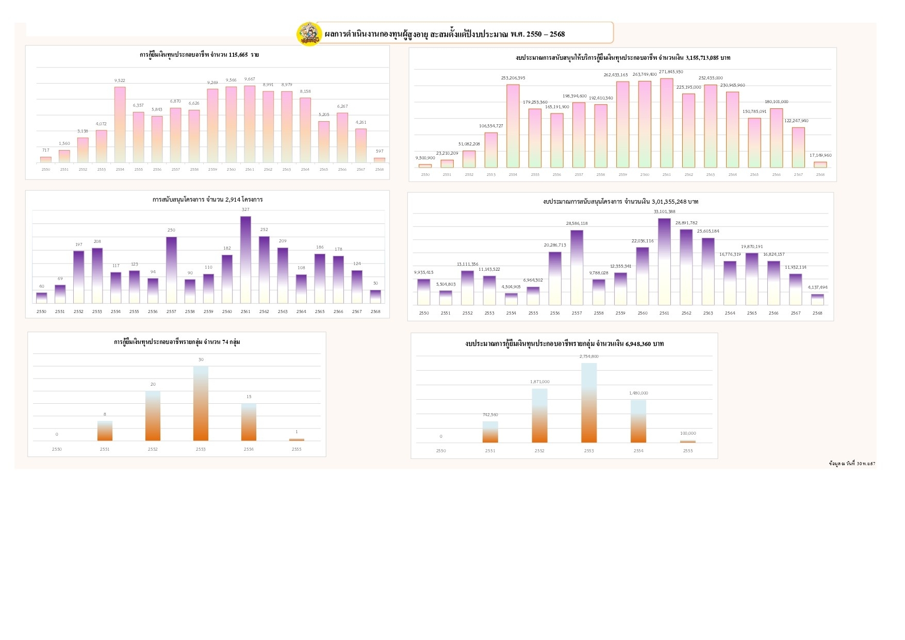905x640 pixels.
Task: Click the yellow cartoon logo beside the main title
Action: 309,34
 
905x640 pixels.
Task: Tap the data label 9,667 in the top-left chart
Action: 250,79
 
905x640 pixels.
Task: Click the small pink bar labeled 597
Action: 380,160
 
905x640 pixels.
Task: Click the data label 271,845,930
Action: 671,72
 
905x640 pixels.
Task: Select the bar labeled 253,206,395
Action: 513,126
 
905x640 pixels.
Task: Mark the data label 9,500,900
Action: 425,158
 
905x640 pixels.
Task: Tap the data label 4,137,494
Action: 817,287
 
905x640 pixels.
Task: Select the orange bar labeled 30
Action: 201,403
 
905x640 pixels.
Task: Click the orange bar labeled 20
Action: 153,416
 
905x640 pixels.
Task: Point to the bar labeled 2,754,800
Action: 589,403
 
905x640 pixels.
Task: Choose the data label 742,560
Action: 490,415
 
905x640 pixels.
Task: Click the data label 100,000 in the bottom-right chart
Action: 688,433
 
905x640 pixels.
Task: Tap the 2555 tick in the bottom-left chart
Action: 297,449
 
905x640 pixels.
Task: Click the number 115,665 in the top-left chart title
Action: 238,55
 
